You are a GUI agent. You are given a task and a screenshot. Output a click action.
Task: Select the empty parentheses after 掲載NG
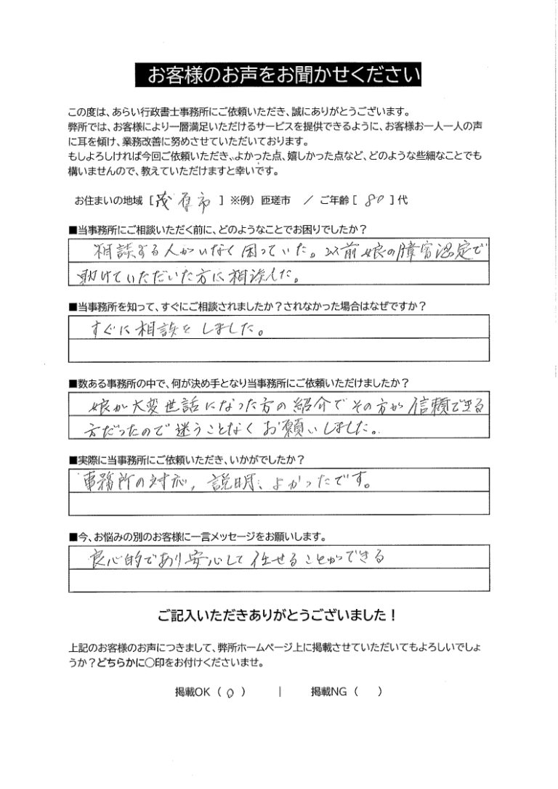(x=368, y=693)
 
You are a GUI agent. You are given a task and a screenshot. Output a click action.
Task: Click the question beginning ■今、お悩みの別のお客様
(x=198, y=537)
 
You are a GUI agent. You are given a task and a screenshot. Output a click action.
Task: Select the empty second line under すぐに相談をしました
(x=279, y=351)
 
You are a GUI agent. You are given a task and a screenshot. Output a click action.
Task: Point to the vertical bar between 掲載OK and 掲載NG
(x=279, y=693)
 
